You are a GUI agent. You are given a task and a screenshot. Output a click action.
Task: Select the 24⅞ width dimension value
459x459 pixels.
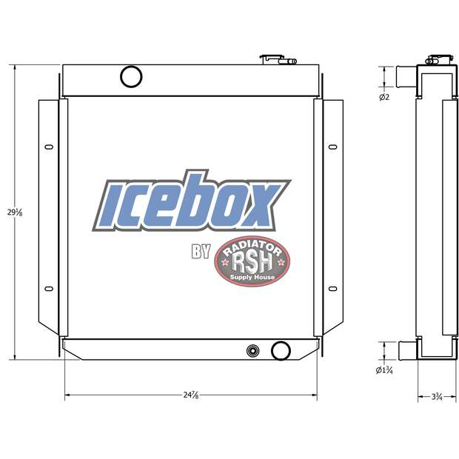191,395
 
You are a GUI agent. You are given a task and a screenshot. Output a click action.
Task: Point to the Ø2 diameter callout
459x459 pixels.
384,97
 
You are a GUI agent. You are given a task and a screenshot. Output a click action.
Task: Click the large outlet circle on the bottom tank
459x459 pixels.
281,349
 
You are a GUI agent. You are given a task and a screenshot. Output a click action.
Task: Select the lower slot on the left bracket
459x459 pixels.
49,289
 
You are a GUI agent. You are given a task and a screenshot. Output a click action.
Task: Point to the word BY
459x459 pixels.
201,253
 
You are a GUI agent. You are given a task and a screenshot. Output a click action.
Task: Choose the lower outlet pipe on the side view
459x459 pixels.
406,349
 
